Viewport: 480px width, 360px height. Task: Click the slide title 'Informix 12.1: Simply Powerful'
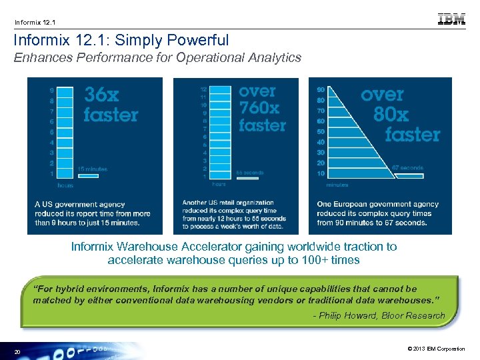[x=121, y=41]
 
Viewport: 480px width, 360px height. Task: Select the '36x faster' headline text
[x=110, y=105]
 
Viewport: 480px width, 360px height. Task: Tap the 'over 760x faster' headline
[x=262, y=108]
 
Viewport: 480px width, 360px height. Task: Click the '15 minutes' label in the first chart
[x=92, y=169]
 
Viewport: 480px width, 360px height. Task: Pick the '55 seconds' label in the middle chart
[x=250, y=173]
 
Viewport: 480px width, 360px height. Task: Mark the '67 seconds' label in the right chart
[x=407, y=168]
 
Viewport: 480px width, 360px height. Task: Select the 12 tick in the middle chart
[x=203, y=89]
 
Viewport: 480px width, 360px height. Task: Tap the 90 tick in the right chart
[x=321, y=89]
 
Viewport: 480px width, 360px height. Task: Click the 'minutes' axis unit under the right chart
[x=337, y=185]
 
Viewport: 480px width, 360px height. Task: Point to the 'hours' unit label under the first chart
[x=65, y=185]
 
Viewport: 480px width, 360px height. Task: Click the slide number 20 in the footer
[x=17, y=351]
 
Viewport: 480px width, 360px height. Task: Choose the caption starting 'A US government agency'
[x=93, y=213]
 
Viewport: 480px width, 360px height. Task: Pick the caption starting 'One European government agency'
[x=377, y=213]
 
